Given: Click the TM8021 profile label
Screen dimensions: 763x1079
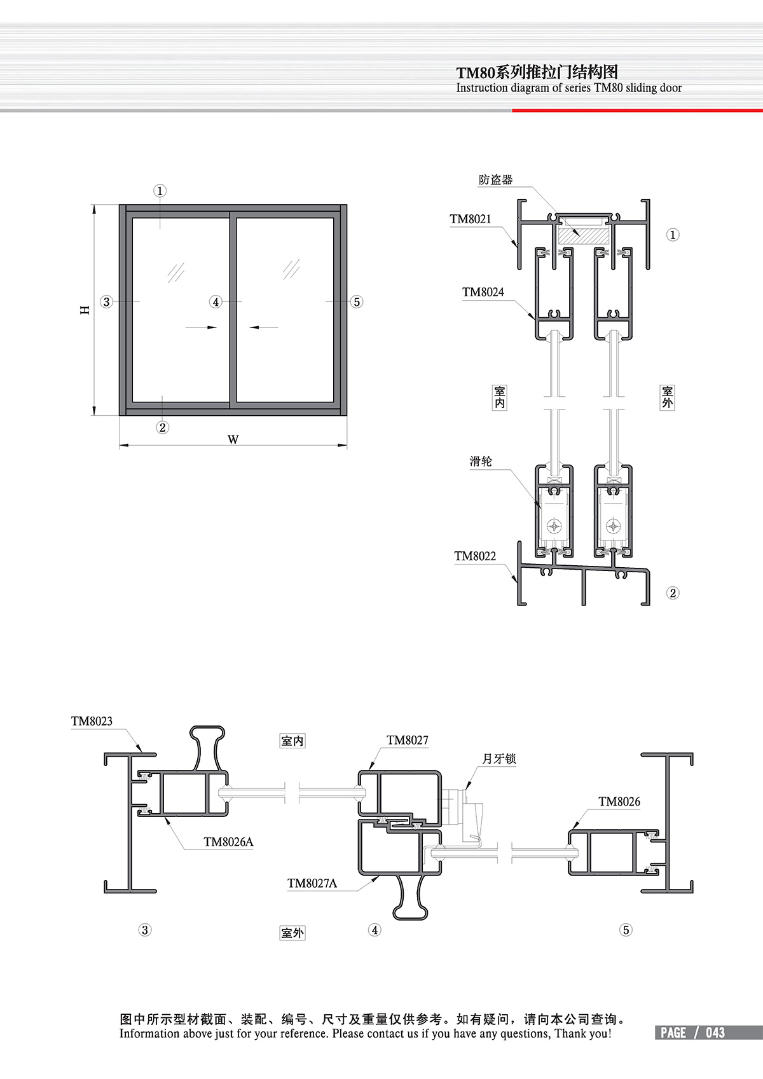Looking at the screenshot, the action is point(470,219).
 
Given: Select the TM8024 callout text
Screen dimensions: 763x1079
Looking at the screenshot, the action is point(483,292).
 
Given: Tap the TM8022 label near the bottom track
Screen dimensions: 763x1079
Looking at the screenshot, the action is point(475,556).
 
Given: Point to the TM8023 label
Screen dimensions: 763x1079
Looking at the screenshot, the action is point(92,721).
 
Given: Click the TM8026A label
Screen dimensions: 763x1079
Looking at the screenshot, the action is point(228,842).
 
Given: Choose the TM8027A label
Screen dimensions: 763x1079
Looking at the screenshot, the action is point(312,883).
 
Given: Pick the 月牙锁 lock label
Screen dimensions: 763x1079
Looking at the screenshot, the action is point(499,759).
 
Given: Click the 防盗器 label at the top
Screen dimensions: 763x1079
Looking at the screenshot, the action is point(496,180).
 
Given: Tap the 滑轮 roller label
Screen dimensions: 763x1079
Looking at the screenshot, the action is point(481,462).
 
